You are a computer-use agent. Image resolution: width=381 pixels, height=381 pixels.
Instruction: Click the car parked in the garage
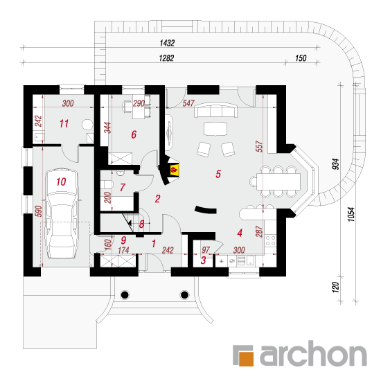62,213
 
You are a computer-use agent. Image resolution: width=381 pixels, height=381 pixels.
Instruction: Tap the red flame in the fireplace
174,169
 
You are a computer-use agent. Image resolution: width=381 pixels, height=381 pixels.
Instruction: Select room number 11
64,124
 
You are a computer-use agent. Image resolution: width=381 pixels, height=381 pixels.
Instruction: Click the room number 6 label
134,134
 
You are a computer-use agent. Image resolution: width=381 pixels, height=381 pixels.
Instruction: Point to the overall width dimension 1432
167,43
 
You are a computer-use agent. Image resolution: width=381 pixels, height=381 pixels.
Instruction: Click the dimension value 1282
166,58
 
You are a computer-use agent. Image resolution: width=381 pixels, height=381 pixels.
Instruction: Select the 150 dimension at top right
301,58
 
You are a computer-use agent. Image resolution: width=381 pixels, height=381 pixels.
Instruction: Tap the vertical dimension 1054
351,214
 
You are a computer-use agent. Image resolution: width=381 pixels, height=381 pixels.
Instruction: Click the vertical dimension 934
335,164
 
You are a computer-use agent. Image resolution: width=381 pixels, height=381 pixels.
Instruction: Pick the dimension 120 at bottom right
335,287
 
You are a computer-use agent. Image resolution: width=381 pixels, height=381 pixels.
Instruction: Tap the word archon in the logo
313,353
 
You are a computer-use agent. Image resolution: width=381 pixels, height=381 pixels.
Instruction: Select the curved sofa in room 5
215,109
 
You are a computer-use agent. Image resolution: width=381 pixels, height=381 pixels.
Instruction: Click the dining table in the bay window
278,181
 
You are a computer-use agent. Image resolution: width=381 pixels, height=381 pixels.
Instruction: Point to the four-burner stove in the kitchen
270,240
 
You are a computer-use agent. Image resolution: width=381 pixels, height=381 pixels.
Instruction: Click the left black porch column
125,294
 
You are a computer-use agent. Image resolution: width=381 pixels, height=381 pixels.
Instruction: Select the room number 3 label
204,260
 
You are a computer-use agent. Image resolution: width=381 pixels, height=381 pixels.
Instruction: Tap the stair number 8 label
141,224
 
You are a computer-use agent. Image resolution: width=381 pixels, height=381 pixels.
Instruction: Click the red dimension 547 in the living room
188,103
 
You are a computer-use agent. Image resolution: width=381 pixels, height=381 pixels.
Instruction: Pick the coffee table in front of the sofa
215,129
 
